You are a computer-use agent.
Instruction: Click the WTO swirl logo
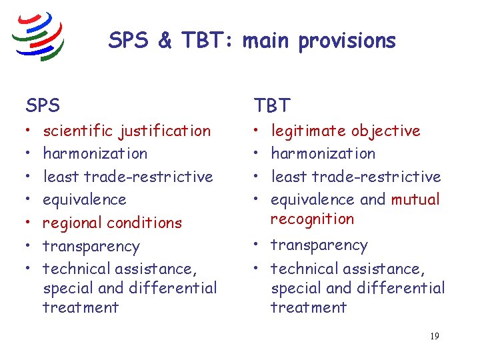point(39,36)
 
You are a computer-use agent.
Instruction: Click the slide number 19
point(434,336)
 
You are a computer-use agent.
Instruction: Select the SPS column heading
point(43,105)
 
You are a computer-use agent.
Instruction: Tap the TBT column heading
point(272,105)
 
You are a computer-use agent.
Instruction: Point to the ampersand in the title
point(165,41)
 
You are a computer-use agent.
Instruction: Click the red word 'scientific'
point(77,131)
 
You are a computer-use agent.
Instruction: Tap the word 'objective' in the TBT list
point(386,131)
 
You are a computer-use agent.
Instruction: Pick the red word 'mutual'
point(415,199)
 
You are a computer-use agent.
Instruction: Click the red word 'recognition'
point(312,219)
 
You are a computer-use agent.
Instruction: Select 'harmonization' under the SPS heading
point(95,153)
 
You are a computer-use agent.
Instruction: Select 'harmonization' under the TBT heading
point(323,153)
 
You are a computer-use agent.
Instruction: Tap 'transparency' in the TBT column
point(319,246)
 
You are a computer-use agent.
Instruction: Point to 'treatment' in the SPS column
point(81,307)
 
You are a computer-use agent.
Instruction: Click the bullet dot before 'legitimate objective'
point(257,131)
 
